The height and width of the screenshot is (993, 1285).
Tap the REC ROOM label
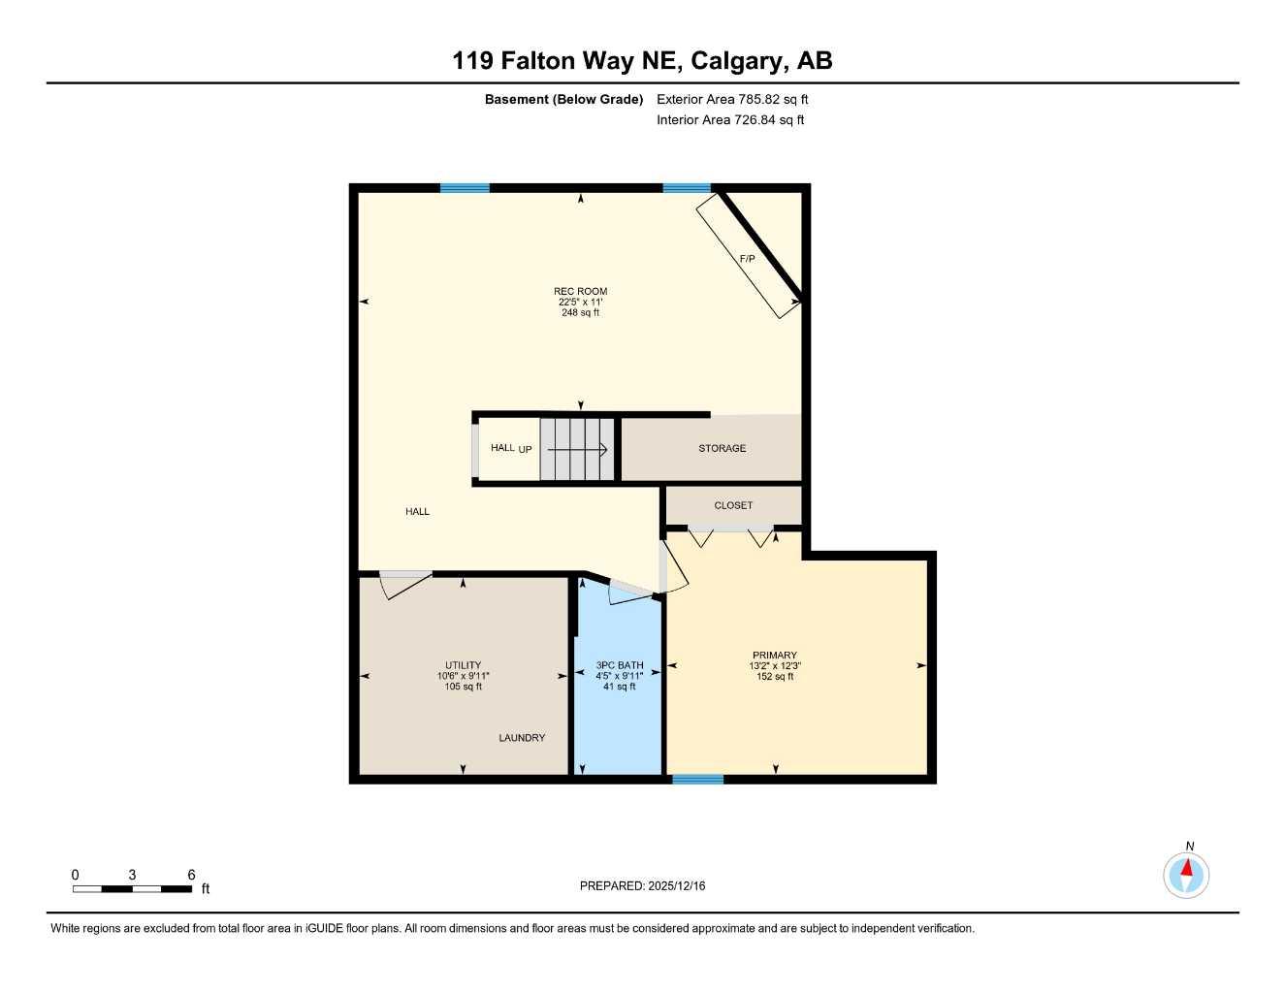point(580,291)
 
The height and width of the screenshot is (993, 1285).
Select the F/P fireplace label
point(747,259)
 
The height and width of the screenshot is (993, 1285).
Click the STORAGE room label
point(722,448)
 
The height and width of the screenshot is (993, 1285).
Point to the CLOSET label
point(733,505)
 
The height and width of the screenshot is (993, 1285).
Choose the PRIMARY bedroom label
point(774,656)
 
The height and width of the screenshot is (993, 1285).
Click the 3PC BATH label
point(619,665)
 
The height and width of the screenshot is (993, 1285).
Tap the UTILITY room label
point(463,665)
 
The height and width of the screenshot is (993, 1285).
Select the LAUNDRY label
point(522,738)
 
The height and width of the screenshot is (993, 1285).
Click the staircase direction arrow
point(578,450)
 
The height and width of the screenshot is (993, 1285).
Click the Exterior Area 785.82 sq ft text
point(732,99)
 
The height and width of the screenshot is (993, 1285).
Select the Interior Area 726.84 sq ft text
point(730,120)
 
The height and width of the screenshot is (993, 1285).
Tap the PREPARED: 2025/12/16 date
point(642,885)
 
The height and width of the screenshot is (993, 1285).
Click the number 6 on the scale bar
point(191,875)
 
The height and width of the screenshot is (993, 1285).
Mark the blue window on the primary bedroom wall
point(697,779)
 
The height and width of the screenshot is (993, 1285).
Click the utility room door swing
point(405,584)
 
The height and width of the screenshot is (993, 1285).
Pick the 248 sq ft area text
point(580,313)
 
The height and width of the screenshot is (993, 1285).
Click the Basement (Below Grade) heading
point(563,99)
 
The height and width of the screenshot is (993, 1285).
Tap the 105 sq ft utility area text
point(463,687)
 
